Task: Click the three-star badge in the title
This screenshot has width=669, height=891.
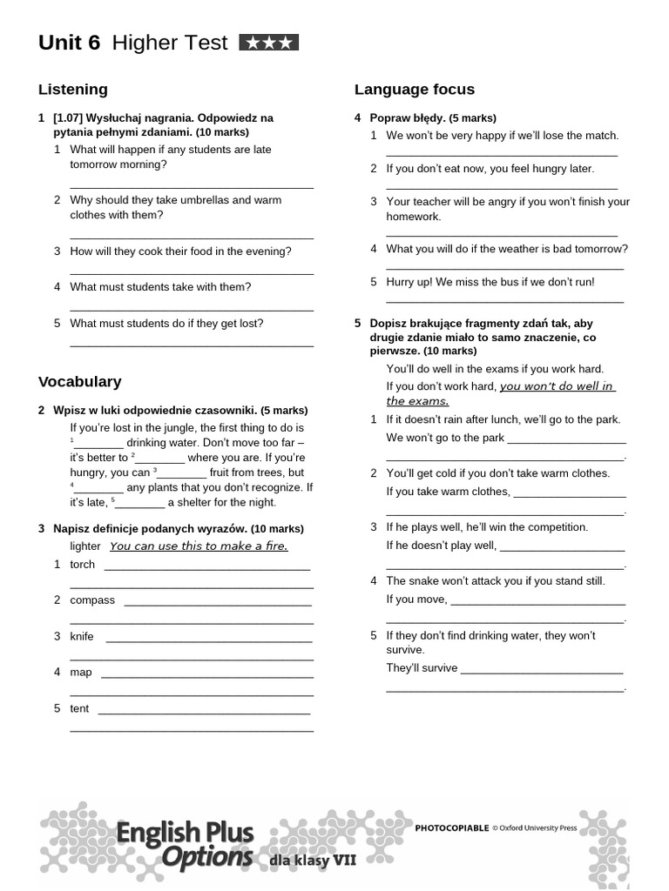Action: tap(268, 43)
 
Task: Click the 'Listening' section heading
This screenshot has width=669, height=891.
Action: tap(73, 89)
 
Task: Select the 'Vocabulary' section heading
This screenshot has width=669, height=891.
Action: tap(80, 381)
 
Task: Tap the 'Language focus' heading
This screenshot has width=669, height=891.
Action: tap(415, 89)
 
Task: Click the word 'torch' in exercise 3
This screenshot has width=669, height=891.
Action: tap(82, 565)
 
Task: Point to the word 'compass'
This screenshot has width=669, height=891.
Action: tap(92, 600)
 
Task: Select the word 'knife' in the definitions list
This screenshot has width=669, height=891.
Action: tap(82, 637)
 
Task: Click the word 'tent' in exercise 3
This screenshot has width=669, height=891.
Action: tap(79, 709)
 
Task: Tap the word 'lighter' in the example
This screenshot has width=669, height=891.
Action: tap(85, 546)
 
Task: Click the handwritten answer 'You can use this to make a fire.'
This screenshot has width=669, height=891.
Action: tap(199, 546)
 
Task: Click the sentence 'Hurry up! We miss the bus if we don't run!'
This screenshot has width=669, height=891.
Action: tap(490, 282)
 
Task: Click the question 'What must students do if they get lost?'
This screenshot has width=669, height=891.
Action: tap(166, 324)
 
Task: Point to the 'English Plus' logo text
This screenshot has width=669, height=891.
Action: tap(186, 834)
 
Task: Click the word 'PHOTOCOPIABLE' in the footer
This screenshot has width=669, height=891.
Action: tap(452, 828)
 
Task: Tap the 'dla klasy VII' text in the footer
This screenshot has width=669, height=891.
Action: tap(313, 860)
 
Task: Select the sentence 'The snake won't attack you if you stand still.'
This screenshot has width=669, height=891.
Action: tap(495, 581)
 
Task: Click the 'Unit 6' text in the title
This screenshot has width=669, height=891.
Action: tap(70, 43)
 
